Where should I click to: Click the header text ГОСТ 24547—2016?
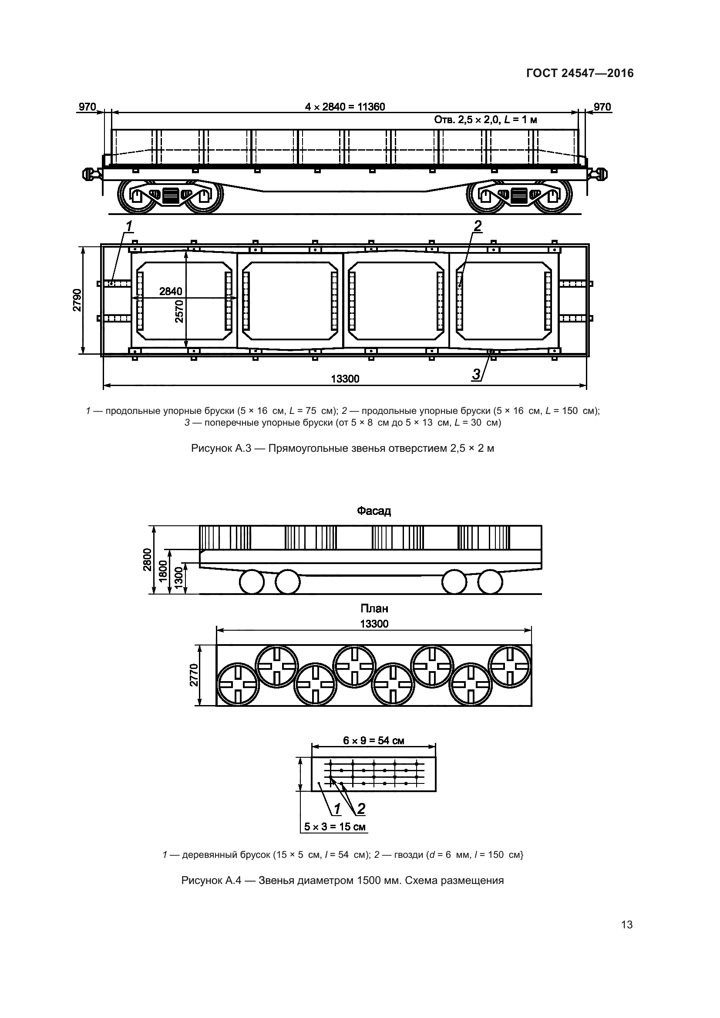[x=580, y=73]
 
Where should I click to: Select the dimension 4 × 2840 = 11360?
[x=345, y=107]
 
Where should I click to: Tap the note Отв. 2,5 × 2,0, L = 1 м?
[x=485, y=120]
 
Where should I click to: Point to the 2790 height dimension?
[x=77, y=300]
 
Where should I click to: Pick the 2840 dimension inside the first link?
[x=171, y=291]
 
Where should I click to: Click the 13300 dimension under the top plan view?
[x=345, y=379]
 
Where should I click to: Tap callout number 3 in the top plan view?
[x=476, y=375]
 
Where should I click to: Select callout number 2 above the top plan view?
[x=477, y=227]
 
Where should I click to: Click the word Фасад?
[x=374, y=511]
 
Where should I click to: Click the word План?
[x=374, y=608]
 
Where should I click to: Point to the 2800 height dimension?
[x=148, y=560]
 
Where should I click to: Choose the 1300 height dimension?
[x=178, y=578]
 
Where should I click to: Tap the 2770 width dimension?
[x=194, y=675]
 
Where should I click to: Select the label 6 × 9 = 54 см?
[x=373, y=740]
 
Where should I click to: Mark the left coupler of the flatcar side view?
[x=90, y=174]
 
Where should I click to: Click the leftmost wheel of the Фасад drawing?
[x=251, y=582]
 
